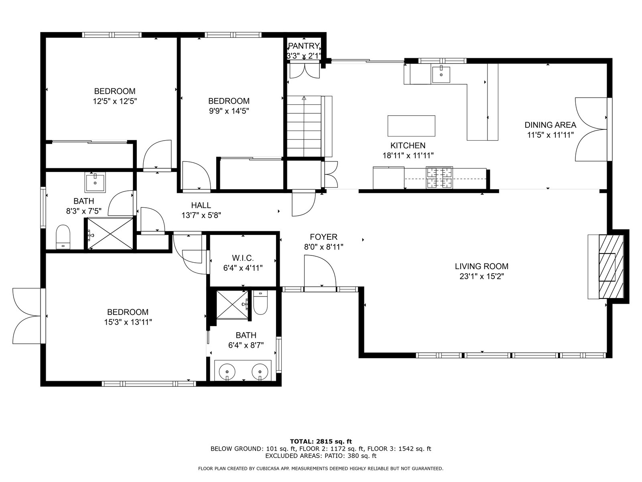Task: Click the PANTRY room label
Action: pyautogui.click(x=304, y=46)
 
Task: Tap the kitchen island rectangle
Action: pyautogui.click(x=411, y=126)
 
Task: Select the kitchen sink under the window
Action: pyautogui.click(x=441, y=74)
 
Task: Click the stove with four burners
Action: pyautogui.click(x=439, y=178)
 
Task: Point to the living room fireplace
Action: pyautogui.click(x=607, y=267)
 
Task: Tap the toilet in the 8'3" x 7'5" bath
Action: pyautogui.click(x=63, y=237)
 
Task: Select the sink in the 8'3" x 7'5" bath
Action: pyautogui.click(x=95, y=182)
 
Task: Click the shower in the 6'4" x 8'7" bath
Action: pyautogui.click(x=232, y=304)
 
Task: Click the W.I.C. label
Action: pyautogui.click(x=243, y=258)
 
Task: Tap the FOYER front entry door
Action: pyautogui.click(x=320, y=273)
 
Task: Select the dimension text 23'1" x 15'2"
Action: pyautogui.click(x=481, y=276)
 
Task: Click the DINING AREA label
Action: pyautogui.click(x=550, y=125)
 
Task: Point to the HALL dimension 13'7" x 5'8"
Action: pyautogui.click(x=201, y=215)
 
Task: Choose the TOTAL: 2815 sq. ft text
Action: pyautogui.click(x=321, y=441)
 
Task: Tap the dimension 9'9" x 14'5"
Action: pyautogui.click(x=229, y=111)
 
